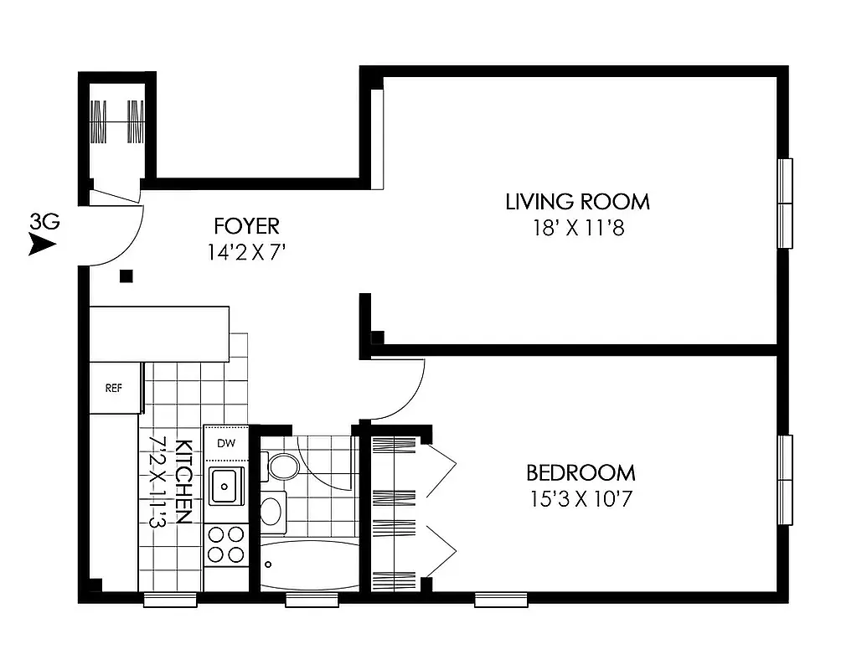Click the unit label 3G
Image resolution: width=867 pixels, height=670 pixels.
[44, 222]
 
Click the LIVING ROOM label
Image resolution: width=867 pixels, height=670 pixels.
[577, 202]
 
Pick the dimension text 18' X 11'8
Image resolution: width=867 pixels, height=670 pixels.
[577, 229]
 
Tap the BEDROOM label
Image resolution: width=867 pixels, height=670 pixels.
[580, 472]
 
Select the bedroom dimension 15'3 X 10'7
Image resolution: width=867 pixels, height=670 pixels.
[580, 499]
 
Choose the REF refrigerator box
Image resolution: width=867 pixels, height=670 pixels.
[115, 388]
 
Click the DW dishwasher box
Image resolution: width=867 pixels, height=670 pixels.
[225, 443]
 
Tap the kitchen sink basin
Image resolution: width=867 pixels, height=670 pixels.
[224, 487]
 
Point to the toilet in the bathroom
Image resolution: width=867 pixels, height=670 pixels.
[281, 466]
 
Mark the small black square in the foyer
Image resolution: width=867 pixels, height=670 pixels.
[126, 276]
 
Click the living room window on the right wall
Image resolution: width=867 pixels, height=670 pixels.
[785, 204]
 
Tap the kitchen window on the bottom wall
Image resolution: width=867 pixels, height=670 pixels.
[170, 599]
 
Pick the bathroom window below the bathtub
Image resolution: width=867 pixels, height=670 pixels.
[312, 599]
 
